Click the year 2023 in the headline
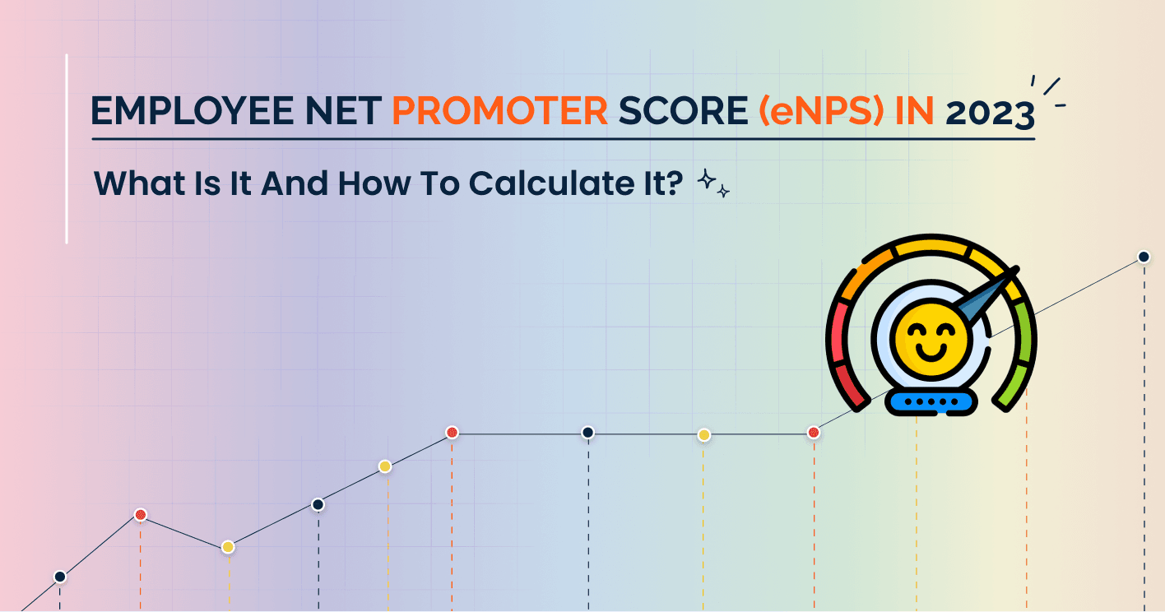click(990, 113)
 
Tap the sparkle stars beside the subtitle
click(712, 184)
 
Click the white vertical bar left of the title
click(67, 149)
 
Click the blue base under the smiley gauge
click(931, 401)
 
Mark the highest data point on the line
click(1144, 257)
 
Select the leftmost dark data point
click(60, 577)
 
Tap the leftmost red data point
click(141, 515)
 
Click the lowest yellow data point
click(228, 547)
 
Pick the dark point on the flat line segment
click(587, 433)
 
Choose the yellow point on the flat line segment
click(704, 434)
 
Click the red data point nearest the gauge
click(814, 432)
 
